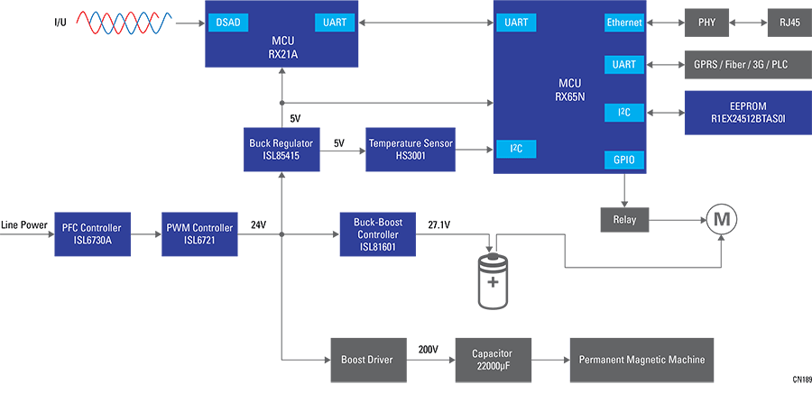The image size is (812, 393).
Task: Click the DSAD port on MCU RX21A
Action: pyautogui.click(x=227, y=21)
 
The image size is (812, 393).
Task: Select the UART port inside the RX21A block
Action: pyautogui.click(x=334, y=21)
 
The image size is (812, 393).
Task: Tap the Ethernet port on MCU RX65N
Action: pyautogui.click(x=624, y=22)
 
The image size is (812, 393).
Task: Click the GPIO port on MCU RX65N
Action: pyautogui.click(x=624, y=160)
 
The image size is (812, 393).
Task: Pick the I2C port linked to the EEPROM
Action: pyautogui.click(x=624, y=113)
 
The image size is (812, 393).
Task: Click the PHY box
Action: pyautogui.click(x=706, y=22)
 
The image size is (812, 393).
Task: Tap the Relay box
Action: pyautogui.click(x=624, y=219)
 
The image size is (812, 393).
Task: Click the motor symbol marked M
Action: pyautogui.click(x=721, y=219)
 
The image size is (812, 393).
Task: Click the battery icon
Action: pyautogui.click(x=493, y=280)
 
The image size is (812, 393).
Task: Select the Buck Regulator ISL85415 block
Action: pyautogui.click(x=281, y=150)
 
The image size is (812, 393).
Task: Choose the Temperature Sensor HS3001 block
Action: pyautogui.click(x=411, y=150)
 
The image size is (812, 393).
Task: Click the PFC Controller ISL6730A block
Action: pyautogui.click(x=92, y=233)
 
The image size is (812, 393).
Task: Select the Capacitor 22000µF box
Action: pyautogui.click(x=493, y=360)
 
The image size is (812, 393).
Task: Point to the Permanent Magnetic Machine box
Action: pyautogui.click(x=641, y=360)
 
